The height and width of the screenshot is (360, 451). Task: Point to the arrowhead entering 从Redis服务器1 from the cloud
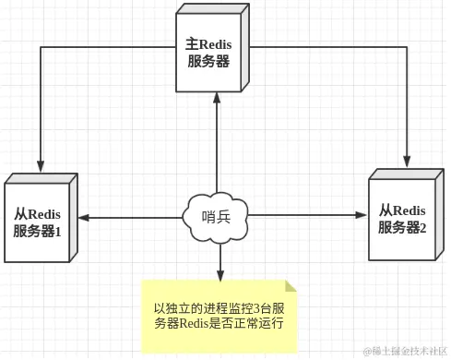point(84,218)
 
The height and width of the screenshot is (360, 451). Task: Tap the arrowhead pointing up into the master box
point(218,96)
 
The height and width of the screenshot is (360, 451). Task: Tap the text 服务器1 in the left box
point(38,231)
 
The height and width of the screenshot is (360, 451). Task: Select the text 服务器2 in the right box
point(402,227)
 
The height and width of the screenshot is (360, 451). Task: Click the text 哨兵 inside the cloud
point(218,217)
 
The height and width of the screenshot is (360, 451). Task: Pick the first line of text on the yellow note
point(219,307)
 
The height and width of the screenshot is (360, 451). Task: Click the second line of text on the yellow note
point(219,324)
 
